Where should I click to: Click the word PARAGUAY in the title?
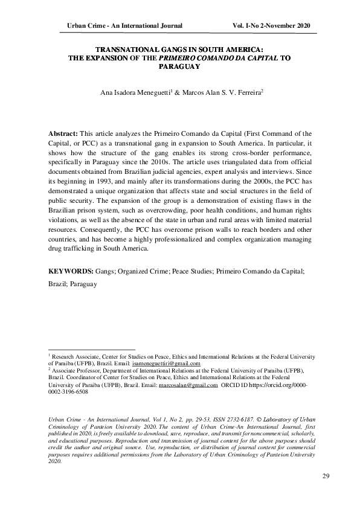click(180, 68)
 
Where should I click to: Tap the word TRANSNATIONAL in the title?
click(125, 51)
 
